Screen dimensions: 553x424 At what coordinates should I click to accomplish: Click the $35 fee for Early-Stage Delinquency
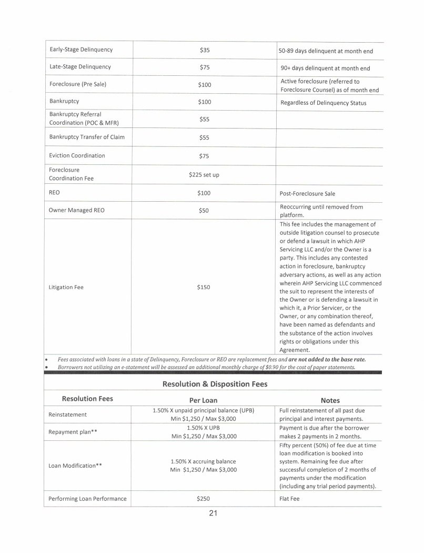[205, 51]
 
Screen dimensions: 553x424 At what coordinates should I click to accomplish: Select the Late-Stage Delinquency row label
[80, 67]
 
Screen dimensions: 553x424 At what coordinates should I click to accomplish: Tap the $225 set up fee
[205, 174]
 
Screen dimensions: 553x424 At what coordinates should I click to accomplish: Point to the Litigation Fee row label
[66, 288]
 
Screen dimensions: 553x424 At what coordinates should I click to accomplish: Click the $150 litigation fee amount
[204, 288]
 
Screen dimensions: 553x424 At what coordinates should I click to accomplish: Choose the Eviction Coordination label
[77, 155]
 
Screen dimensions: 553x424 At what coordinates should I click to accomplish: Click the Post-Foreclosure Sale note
[308, 193]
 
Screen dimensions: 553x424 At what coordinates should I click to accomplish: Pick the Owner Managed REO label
[76, 210]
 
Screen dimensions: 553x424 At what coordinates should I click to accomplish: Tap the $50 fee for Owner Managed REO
[204, 210]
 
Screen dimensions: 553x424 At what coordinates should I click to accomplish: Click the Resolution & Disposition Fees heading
[215, 384]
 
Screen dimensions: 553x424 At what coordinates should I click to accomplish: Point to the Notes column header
[330, 400]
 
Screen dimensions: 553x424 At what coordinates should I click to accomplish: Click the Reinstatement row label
[68, 415]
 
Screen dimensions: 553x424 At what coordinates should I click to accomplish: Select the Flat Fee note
[290, 499]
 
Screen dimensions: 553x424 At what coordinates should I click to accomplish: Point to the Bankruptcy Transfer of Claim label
[87, 137]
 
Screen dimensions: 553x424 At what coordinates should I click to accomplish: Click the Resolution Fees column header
[87, 399]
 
